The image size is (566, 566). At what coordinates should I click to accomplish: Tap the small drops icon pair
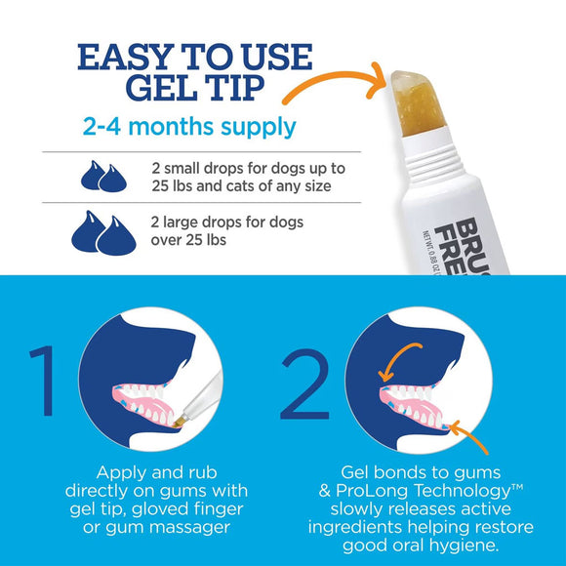pyautogui.click(x=104, y=176)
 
